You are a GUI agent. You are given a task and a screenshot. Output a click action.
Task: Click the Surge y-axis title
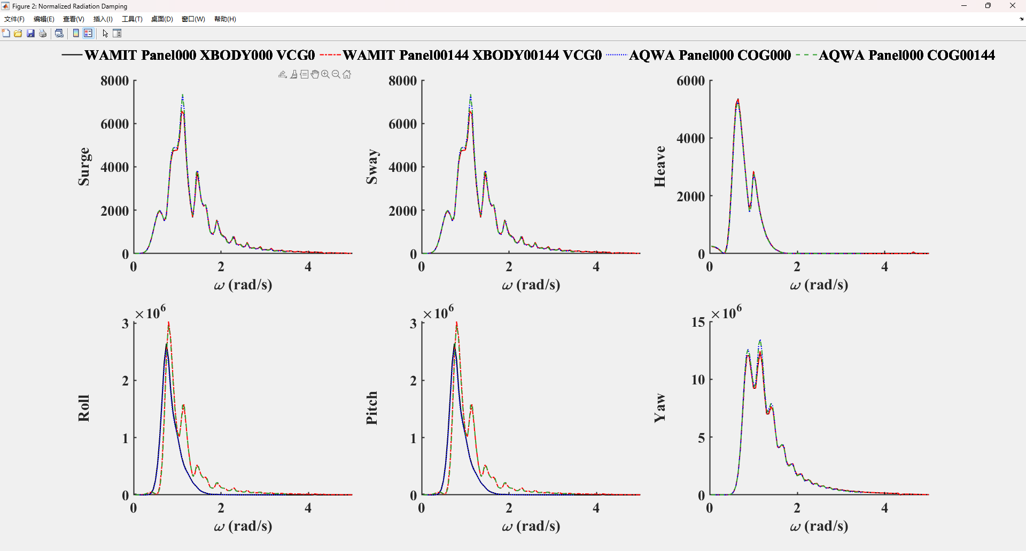(84, 167)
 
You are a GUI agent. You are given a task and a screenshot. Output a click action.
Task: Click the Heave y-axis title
(660, 167)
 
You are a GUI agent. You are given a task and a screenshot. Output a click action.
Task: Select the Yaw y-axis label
(660, 408)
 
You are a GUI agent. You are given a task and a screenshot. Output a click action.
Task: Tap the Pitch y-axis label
(372, 408)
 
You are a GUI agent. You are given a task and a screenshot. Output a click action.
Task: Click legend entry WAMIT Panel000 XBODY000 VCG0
(199, 55)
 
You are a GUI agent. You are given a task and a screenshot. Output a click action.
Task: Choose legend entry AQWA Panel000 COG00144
(906, 55)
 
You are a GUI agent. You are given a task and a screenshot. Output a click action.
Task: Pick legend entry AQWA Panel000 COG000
(710, 55)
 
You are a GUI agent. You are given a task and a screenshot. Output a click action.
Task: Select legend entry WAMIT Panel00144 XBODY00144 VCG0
(472, 55)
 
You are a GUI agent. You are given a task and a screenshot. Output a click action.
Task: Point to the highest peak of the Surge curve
(183, 96)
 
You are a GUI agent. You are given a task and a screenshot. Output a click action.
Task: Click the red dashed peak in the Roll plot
(169, 322)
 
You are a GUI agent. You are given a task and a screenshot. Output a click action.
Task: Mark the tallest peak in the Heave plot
(738, 99)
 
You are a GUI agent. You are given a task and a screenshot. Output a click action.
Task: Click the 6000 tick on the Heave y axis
(690, 81)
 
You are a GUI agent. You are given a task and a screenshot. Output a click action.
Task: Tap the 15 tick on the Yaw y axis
(698, 322)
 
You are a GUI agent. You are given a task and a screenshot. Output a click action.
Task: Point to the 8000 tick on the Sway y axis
(402, 81)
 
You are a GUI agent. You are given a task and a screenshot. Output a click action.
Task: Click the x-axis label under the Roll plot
(243, 526)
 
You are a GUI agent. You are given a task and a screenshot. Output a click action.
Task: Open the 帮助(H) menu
(225, 19)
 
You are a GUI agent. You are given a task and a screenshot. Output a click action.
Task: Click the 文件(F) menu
(14, 19)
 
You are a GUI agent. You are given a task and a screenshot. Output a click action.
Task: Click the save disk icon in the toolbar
(30, 34)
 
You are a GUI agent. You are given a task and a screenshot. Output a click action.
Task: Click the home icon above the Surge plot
(347, 75)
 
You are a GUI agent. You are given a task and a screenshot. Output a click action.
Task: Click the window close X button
(1012, 6)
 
